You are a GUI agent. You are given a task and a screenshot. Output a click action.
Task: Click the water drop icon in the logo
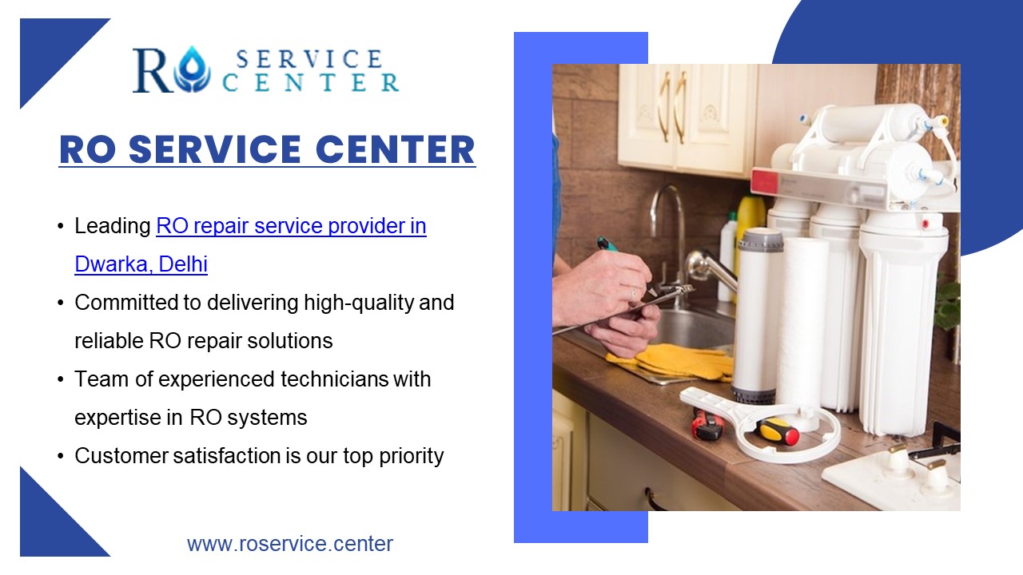click(192, 70)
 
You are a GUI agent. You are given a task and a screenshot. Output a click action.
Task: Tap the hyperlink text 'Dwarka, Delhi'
click(141, 264)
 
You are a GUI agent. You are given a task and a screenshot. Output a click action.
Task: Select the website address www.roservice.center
click(290, 544)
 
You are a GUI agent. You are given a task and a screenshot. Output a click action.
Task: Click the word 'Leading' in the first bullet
click(113, 226)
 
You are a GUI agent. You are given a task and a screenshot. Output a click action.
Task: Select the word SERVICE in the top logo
click(309, 59)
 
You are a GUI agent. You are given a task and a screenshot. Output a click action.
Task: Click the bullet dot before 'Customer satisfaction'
click(62, 457)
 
